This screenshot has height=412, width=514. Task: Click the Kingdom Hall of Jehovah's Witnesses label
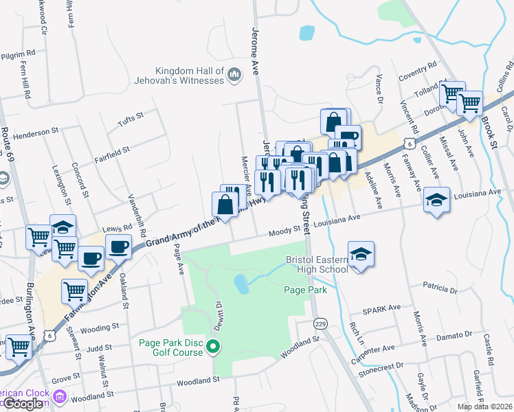coord(190,76)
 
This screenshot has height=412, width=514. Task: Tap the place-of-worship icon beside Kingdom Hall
coord(234,74)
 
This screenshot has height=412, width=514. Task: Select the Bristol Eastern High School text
coord(317,265)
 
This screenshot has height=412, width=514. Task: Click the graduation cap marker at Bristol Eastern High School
coord(361,254)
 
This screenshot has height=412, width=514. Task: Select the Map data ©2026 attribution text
coord(484,407)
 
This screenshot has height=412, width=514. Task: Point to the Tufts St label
coord(131,117)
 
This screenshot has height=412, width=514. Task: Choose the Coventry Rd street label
coord(422,72)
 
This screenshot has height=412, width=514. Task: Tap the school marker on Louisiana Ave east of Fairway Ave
coord(436,200)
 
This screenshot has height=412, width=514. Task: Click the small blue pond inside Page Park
coord(241,283)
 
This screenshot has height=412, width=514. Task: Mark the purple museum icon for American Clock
coord(60,396)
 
